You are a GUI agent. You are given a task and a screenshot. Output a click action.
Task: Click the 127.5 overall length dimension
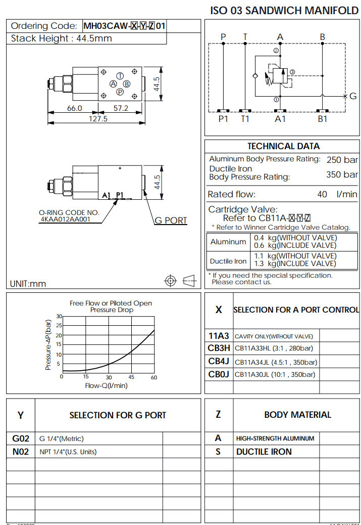(98, 119)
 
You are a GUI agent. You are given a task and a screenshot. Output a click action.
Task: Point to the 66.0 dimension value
(74, 108)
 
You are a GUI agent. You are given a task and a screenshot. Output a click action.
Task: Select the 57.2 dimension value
(121, 108)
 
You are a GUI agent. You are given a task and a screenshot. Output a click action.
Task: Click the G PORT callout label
(170, 221)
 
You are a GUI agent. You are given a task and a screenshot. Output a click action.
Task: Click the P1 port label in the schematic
(223, 119)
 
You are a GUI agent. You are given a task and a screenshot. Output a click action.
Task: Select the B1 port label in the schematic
(322, 119)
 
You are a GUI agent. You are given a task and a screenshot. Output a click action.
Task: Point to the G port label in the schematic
(353, 96)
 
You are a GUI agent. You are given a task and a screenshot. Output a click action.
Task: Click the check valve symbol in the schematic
(256, 76)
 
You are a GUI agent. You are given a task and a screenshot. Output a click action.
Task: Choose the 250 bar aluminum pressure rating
(342, 160)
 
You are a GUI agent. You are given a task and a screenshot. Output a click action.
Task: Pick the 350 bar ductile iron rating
(342, 175)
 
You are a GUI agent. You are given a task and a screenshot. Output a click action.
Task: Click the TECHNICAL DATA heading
(283, 146)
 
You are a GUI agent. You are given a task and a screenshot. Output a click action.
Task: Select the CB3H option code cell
(219, 348)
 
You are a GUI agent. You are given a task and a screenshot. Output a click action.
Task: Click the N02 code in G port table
(21, 452)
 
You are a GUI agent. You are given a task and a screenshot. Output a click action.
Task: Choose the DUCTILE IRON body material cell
(264, 452)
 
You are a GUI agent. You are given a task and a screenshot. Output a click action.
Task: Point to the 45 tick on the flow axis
(131, 377)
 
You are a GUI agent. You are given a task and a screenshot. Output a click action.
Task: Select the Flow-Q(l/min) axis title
(106, 386)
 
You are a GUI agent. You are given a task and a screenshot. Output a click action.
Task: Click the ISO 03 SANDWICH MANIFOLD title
(284, 11)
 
